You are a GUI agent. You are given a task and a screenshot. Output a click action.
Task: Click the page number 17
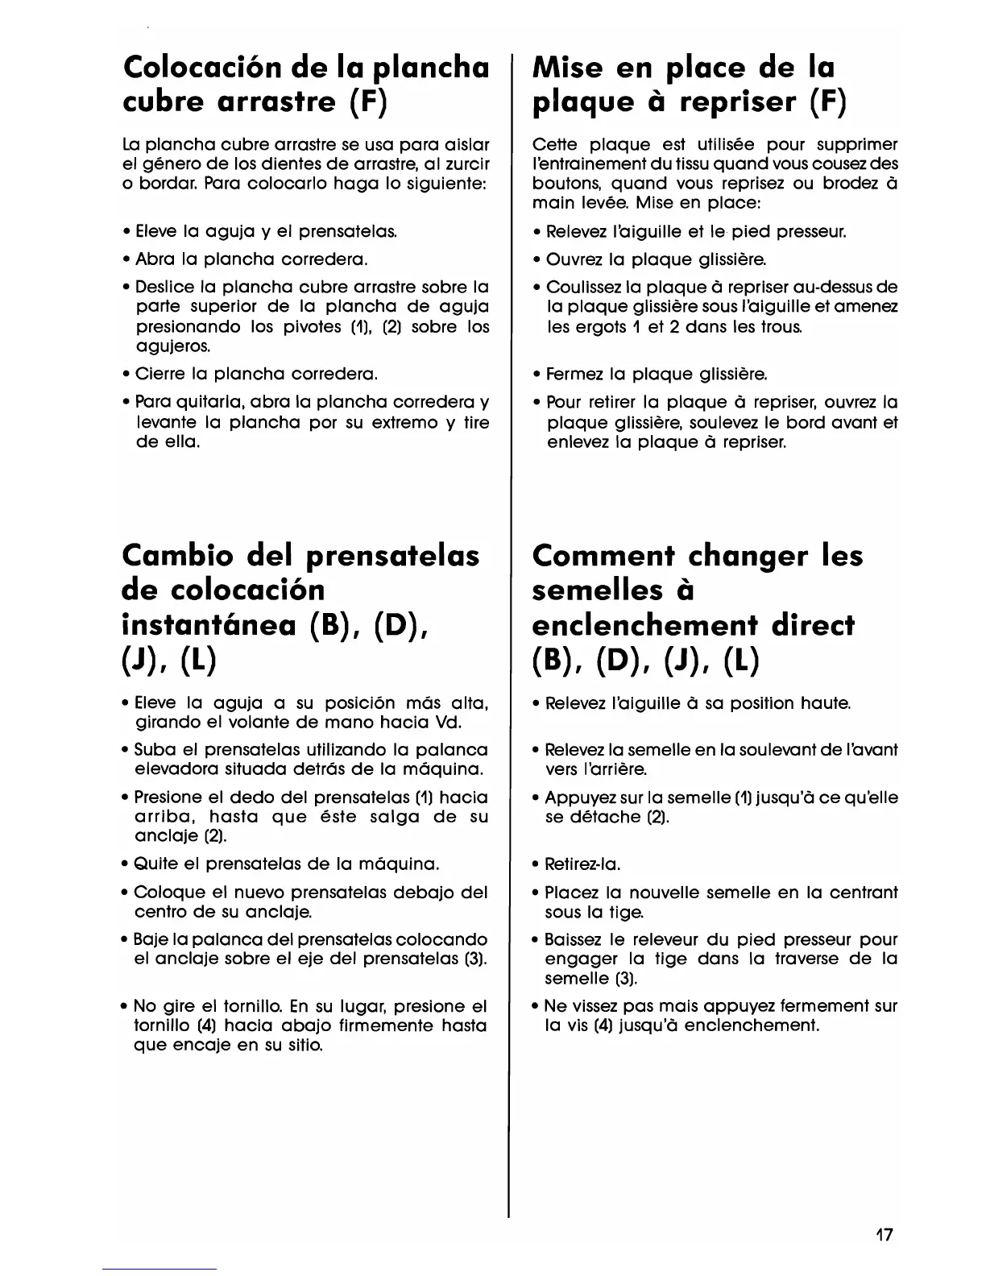885,1235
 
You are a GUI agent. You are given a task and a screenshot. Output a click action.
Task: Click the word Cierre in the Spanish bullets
159,374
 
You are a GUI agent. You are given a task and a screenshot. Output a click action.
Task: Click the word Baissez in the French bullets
573,939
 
